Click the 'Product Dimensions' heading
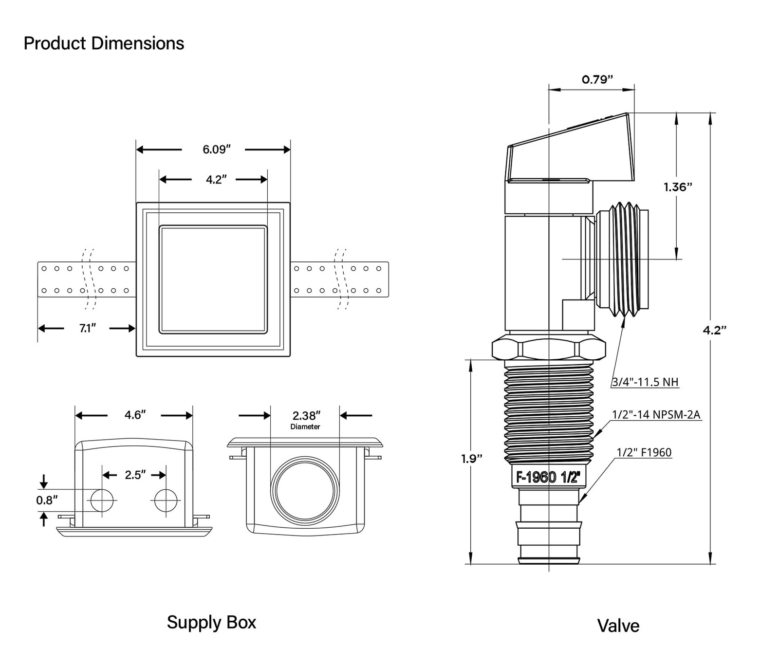click(104, 43)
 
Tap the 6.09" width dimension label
click(216, 149)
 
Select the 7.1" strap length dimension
click(88, 329)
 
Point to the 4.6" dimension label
click(135, 415)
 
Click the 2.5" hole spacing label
click(135, 475)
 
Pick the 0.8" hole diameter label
click(47, 500)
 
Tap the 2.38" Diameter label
click(306, 419)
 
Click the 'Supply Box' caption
click(211, 623)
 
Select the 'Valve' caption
click(618, 626)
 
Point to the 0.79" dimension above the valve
click(597, 79)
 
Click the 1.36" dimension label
click(678, 186)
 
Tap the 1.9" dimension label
click(472, 459)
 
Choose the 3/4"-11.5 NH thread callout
click(645, 382)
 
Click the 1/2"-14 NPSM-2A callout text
click(656, 414)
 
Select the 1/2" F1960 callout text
click(644, 452)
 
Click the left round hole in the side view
click(102, 500)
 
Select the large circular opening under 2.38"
click(305, 491)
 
